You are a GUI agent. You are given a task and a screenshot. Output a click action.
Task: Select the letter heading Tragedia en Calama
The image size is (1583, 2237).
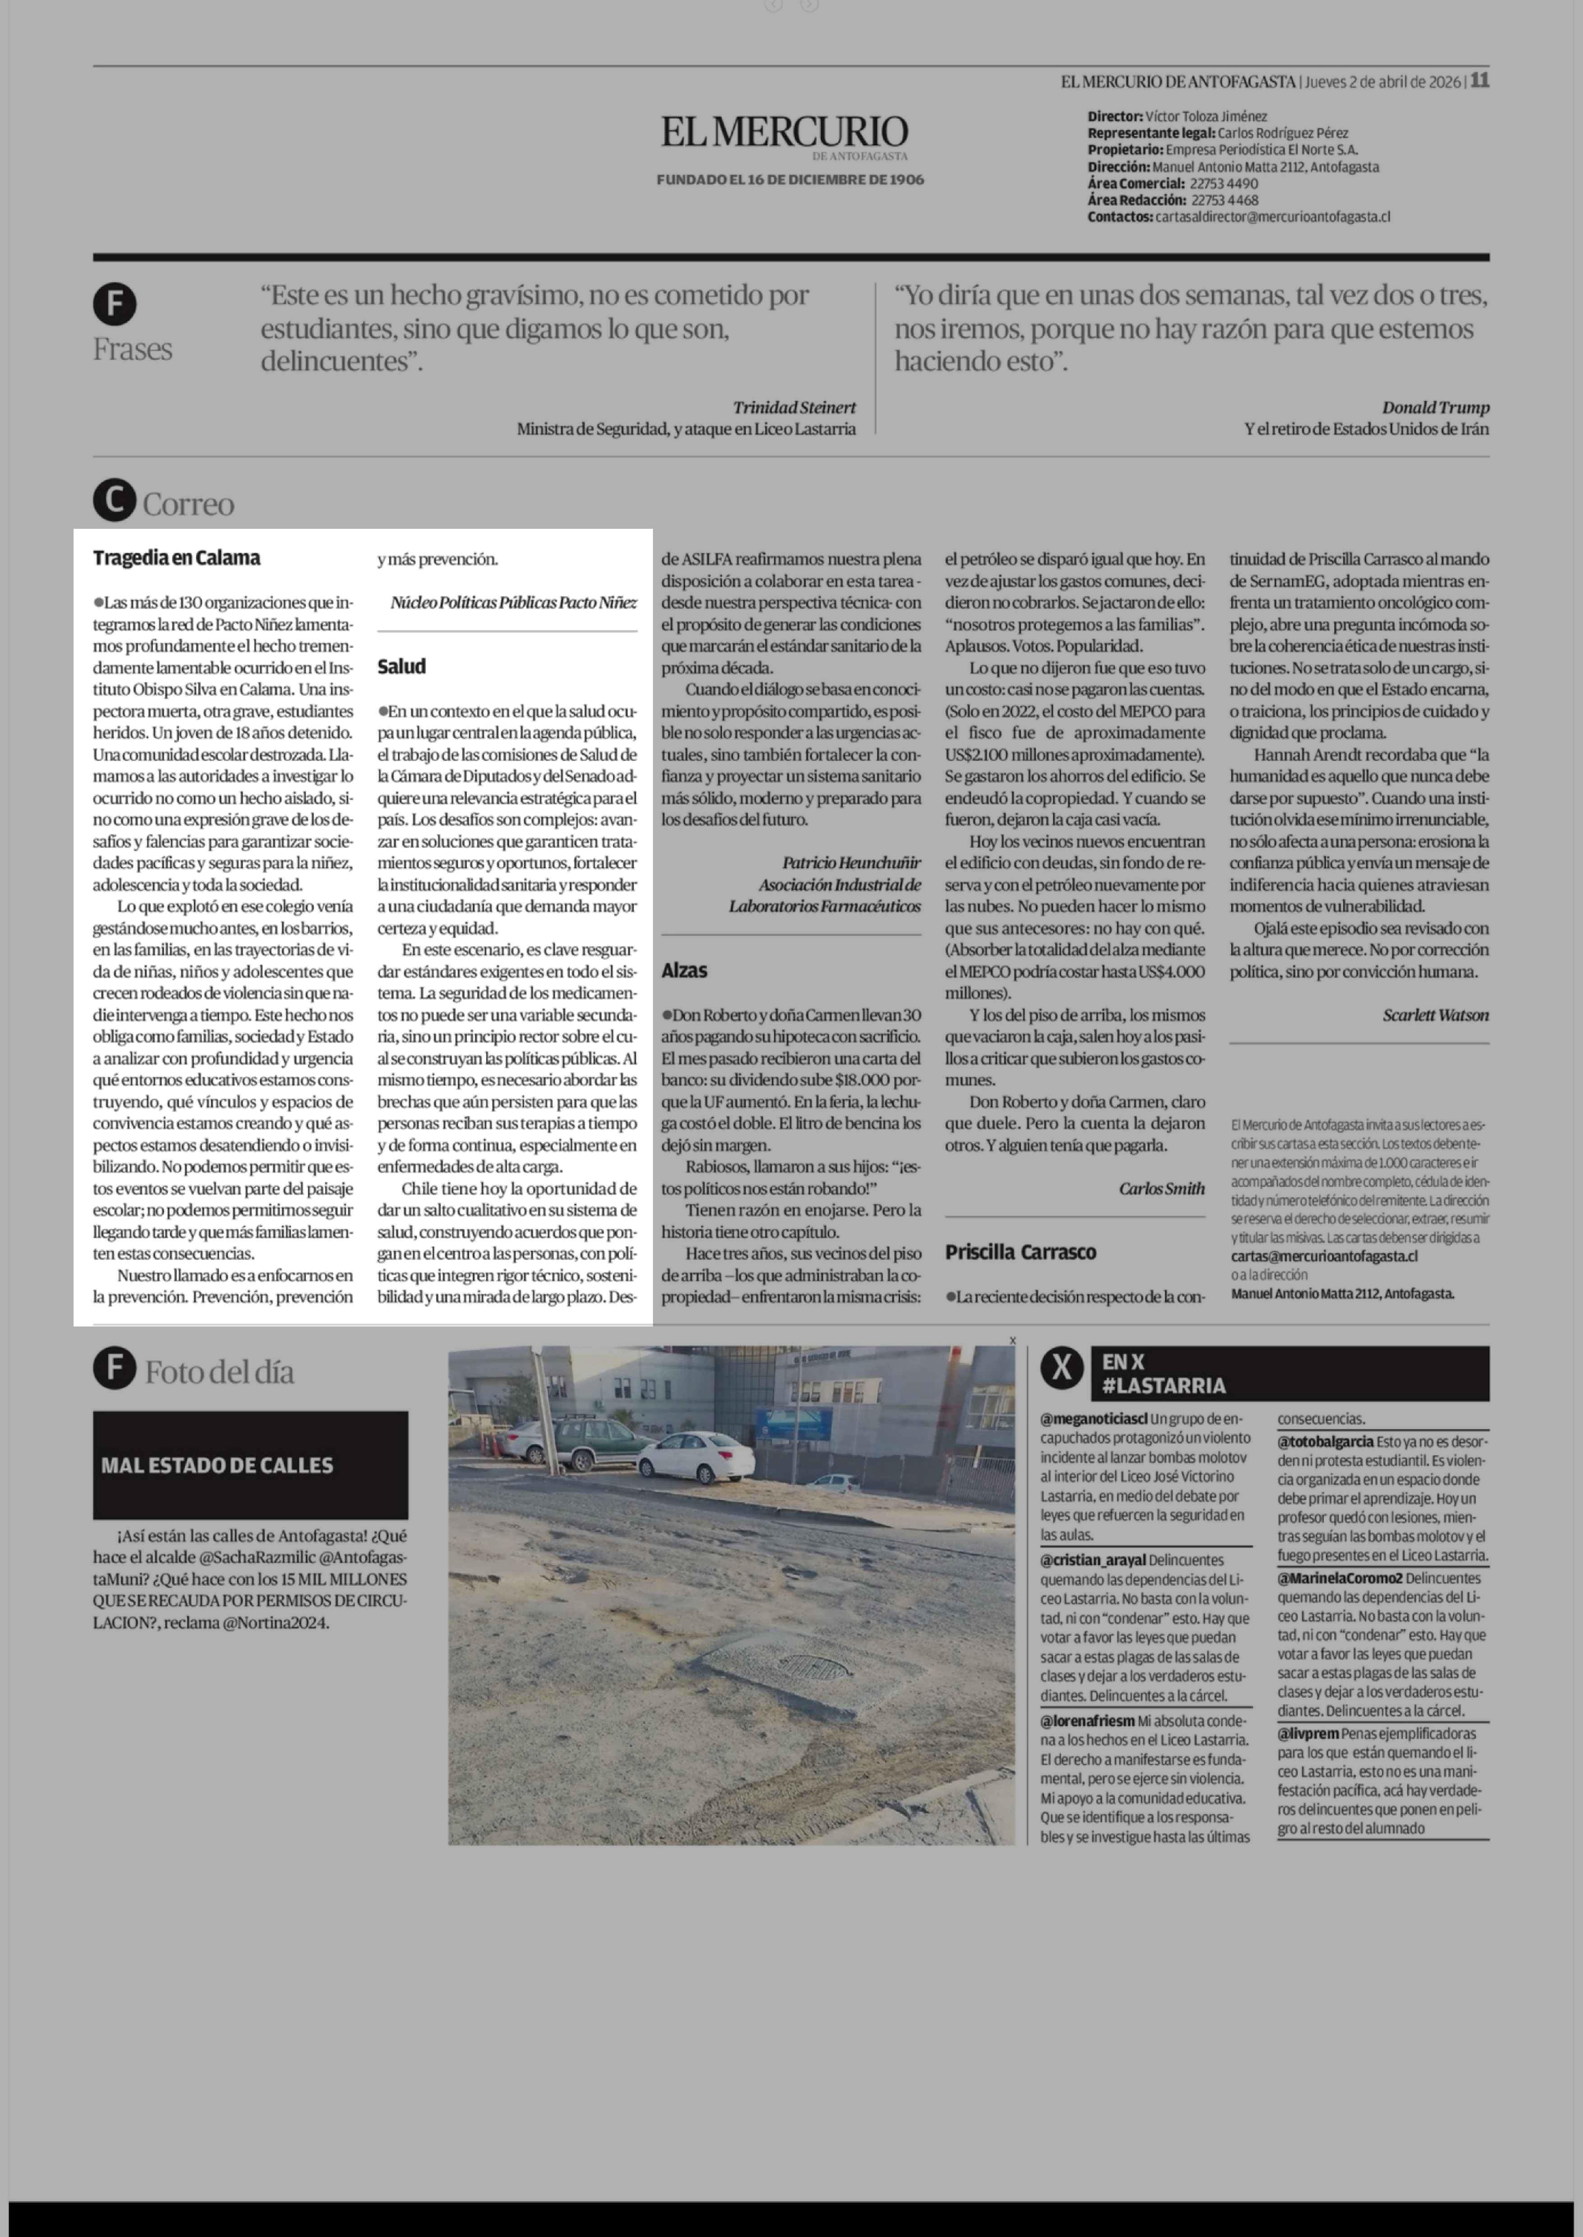pyautogui.click(x=176, y=559)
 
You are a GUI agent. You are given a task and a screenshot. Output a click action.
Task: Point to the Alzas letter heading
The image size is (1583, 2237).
pyautogui.click(x=684, y=970)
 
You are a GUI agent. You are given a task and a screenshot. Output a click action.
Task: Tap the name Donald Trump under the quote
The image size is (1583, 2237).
pyautogui.click(x=1435, y=407)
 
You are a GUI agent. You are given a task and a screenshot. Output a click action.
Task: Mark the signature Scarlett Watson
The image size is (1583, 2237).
pyautogui.click(x=1435, y=1015)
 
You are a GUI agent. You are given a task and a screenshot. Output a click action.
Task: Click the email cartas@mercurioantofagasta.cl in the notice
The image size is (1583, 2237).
pyautogui.click(x=1324, y=1257)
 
